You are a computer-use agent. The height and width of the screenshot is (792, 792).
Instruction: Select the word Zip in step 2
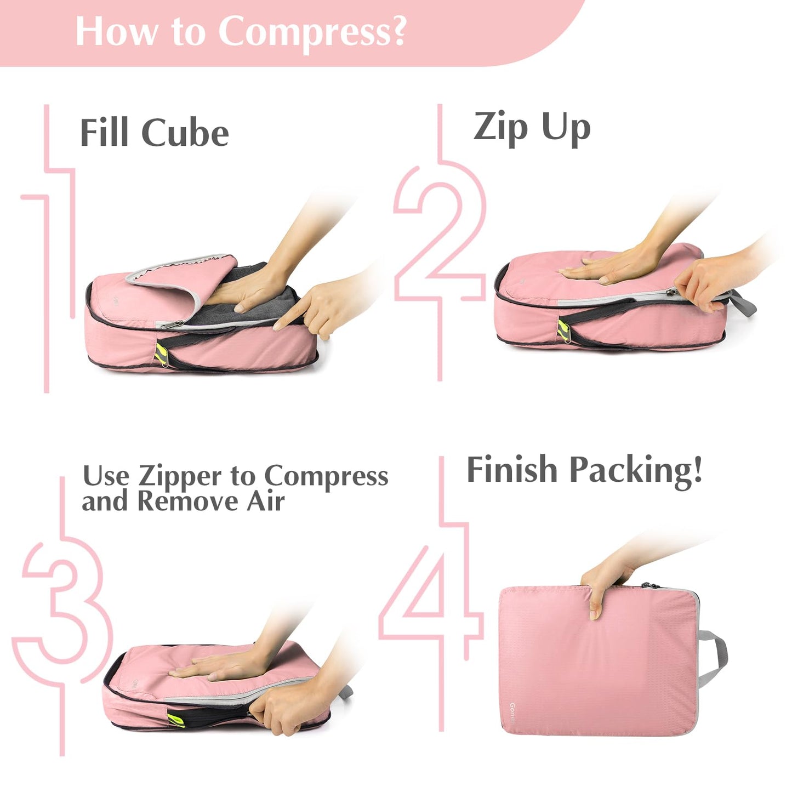tap(500, 127)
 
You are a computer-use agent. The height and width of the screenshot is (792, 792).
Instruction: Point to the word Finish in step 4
tap(511, 470)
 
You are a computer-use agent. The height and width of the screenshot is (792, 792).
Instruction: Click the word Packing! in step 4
tap(636, 470)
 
